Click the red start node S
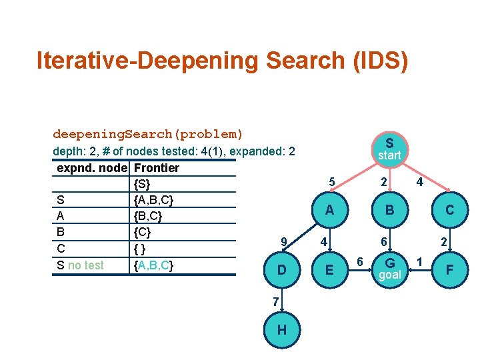tap(389, 148)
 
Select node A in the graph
tap(329, 210)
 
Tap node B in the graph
tap(389, 210)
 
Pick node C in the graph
tap(450, 210)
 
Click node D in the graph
tap(282, 269)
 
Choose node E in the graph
tap(329, 269)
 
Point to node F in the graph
tap(450, 269)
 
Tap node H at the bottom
tap(282, 330)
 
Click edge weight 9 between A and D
tap(284, 241)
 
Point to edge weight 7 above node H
tap(275, 301)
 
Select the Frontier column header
tap(157, 167)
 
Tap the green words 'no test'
tap(86, 265)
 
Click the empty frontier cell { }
tap(139, 249)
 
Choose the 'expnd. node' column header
tap(93, 167)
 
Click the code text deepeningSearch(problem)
tap(148, 134)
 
